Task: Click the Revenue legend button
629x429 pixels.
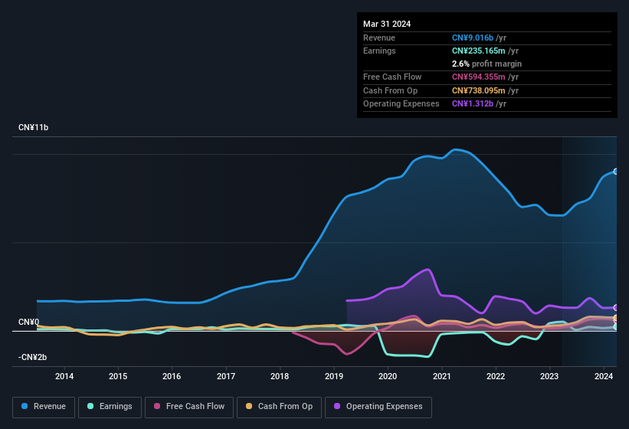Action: (44, 407)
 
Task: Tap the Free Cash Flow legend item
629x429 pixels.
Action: (189, 407)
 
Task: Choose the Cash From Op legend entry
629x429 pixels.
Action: (279, 407)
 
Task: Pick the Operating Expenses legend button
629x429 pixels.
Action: (378, 407)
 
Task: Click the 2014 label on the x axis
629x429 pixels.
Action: (64, 376)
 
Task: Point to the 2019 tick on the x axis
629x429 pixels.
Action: (334, 376)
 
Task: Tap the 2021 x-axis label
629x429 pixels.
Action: (441, 376)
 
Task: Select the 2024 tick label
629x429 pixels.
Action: (603, 376)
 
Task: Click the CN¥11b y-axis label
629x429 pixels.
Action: (34, 128)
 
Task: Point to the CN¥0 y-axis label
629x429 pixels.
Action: (28, 323)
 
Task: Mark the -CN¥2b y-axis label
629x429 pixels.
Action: (33, 358)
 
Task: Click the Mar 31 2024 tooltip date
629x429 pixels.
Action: (387, 24)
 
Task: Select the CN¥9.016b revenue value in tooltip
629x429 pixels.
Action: (473, 38)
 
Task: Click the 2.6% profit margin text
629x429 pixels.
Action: (486, 64)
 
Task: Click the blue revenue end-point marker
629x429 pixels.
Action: (616, 172)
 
